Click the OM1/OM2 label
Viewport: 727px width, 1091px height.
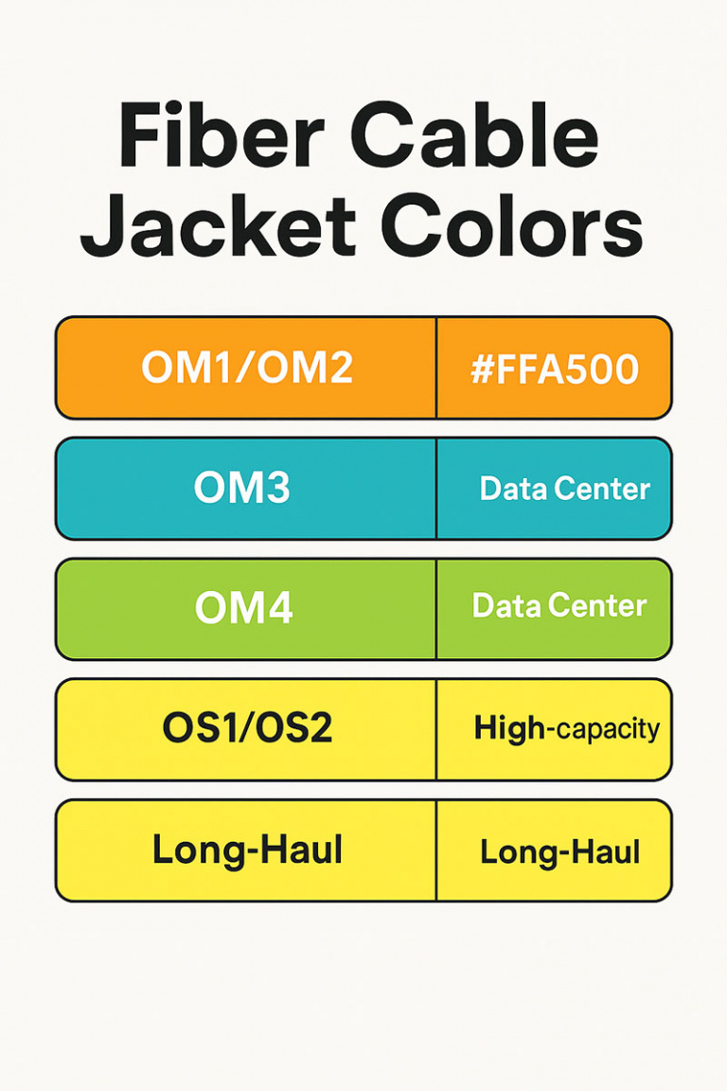tap(246, 367)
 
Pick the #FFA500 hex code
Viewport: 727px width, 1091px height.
tap(555, 368)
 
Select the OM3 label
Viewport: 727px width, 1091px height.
tap(242, 488)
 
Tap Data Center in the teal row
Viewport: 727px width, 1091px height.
tap(564, 489)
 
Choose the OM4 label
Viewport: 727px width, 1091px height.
tap(243, 608)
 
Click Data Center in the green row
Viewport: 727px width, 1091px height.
tap(559, 606)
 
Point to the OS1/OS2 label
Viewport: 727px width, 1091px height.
tap(247, 728)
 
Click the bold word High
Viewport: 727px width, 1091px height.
tap(509, 728)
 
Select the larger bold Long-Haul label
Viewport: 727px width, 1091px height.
tap(247, 850)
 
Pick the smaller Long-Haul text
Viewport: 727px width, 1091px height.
tap(560, 850)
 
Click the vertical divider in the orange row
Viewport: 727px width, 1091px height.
tap(436, 367)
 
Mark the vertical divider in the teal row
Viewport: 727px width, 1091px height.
tap(436, 488)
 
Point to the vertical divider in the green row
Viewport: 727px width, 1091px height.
tap(436, 608)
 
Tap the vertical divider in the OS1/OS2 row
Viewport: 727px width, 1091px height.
tap(436, 728)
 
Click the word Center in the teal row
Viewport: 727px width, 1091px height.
tap(604, 489)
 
